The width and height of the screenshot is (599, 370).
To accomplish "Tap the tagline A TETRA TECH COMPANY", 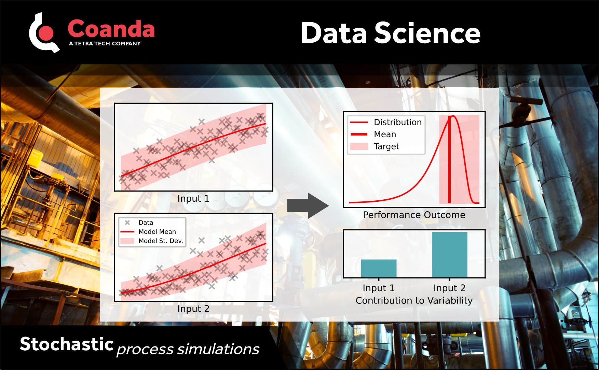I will [105, 44].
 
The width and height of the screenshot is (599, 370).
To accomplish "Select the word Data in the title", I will [334, 33].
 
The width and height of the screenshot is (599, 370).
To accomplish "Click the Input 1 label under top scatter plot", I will [193, 199].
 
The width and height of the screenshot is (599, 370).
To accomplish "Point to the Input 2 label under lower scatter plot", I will [193, 309].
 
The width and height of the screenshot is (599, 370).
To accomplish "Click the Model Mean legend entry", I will [157, 232].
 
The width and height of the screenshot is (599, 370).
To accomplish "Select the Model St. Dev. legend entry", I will [160, 241].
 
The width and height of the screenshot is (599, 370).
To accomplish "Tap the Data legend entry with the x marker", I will [146, 223].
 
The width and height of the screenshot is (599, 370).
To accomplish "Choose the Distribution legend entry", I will [397, 122].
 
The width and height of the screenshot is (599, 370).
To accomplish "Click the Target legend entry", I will [386, 146].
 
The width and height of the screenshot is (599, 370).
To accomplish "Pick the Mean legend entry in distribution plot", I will [385, 134].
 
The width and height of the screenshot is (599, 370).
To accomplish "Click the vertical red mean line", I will [449, 164].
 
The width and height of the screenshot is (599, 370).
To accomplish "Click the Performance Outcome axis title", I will [414, 215].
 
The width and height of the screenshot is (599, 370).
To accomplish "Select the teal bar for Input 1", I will [379, 269].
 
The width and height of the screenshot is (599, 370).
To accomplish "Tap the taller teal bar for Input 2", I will [449, 255].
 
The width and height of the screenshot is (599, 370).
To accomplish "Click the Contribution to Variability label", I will [414, 301].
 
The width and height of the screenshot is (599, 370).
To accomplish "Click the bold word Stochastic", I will [67, 344].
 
